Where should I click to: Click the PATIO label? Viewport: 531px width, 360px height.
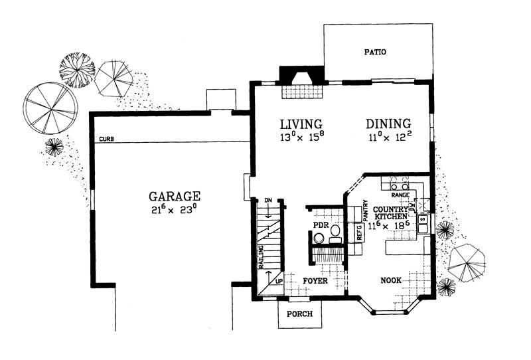click(375, 52)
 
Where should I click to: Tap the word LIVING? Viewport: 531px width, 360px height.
click(301, 124)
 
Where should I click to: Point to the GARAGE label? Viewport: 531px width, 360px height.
click(175, 197)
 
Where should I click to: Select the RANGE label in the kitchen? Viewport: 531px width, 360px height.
click(400, 195)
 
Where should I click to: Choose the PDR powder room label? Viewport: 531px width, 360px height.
click(321, 225)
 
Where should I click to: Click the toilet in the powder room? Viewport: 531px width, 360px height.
click(320, 238)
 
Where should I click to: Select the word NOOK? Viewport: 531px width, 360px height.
click(391, 281)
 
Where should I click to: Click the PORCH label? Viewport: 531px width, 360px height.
click(299, 315)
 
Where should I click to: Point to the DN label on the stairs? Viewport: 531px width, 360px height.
click(268, 201)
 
